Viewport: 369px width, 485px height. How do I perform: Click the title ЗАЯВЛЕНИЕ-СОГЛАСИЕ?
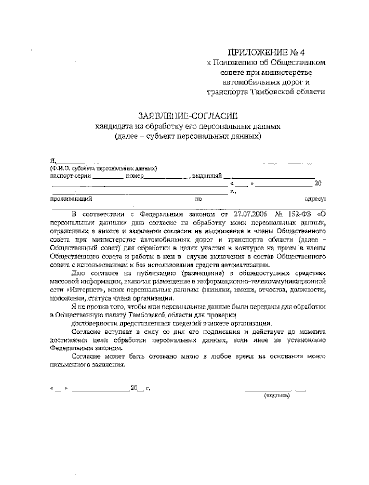188,116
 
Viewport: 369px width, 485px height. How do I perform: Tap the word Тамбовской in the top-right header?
274,92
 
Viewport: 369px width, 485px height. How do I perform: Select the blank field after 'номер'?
165,177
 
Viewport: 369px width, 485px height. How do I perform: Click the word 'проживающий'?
71,199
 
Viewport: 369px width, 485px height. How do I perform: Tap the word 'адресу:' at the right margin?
315,199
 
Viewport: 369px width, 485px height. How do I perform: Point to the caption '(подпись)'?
277,396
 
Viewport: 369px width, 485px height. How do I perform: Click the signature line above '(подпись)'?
275,390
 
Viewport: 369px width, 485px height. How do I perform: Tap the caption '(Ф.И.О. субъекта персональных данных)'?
103,168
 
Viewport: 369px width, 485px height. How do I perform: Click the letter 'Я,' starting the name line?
53,160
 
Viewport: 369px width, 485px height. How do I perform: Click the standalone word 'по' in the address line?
198,199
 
